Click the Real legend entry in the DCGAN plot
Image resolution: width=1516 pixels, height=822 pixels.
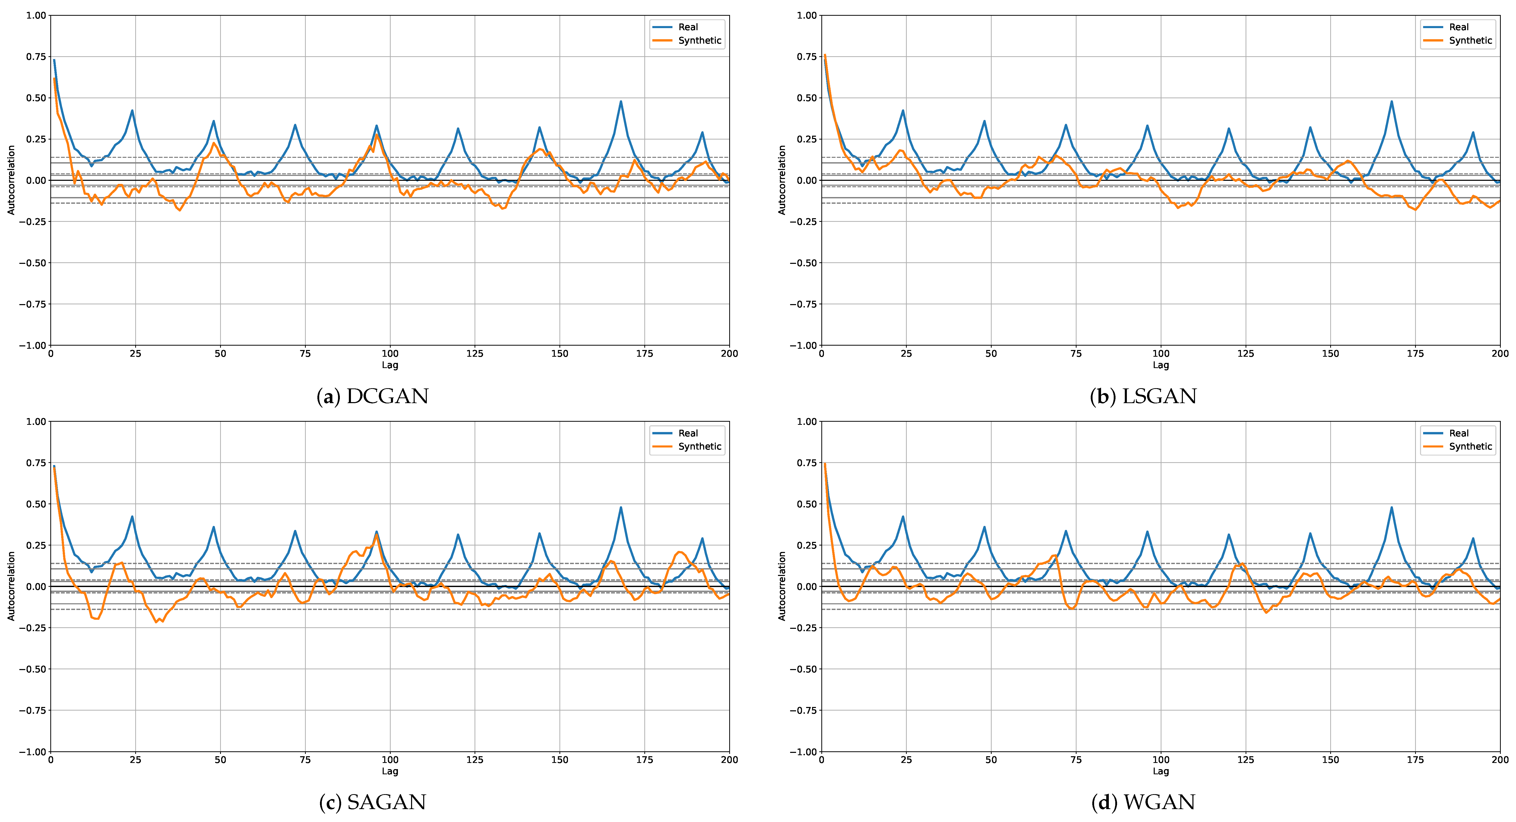(687, 27)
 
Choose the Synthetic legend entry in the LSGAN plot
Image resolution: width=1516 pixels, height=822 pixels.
(1470, 40)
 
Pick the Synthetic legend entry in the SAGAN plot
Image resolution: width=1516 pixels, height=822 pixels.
(699, 447)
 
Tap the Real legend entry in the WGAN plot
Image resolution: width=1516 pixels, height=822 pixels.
(1458, 433)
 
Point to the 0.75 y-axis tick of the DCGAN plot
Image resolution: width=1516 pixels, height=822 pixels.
(35, 56)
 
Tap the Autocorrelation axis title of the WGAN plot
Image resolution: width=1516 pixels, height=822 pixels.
(782, 586)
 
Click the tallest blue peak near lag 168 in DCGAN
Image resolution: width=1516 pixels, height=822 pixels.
(620, 102)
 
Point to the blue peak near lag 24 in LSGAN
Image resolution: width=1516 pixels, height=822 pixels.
(903, 111)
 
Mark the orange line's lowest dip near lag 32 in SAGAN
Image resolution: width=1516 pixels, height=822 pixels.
(157, 622)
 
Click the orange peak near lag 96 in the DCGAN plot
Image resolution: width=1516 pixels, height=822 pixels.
(377, 135)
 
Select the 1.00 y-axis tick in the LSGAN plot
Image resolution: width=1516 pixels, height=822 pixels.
(806, 15)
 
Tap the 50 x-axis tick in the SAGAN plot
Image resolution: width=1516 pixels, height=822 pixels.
(220, 760)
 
